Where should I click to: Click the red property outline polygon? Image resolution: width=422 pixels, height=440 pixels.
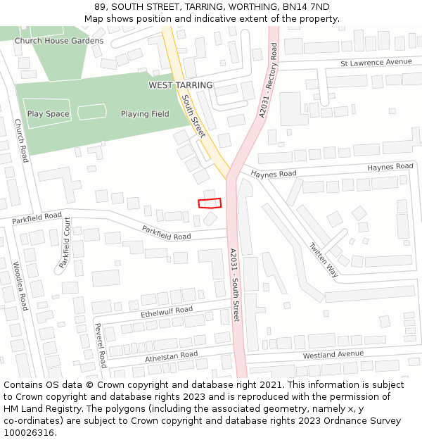210,203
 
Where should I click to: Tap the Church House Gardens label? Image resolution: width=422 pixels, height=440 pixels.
59,41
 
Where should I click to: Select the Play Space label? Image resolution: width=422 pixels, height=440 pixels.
49,114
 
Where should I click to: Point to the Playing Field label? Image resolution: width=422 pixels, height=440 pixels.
145,114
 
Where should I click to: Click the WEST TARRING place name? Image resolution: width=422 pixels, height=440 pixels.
180,85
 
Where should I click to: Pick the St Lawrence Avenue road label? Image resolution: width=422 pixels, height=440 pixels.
376,62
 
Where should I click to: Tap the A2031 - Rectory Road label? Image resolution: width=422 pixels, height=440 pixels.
268,80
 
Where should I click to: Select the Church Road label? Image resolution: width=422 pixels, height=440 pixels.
21,140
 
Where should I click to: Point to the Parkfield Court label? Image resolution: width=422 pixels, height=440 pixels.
65,243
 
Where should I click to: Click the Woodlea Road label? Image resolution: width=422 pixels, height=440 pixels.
20,286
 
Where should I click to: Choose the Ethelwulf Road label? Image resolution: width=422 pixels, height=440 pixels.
167,311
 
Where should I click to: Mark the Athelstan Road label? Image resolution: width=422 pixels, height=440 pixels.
172,357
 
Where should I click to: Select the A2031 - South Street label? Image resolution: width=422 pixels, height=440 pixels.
235,285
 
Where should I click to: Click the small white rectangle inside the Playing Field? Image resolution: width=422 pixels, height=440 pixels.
91,111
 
